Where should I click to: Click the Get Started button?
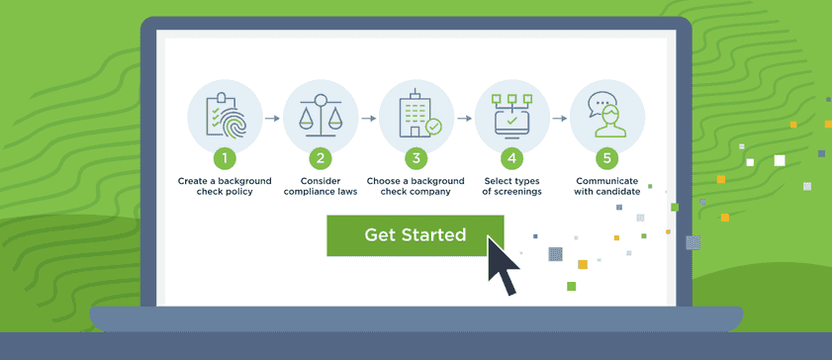click(415, 235)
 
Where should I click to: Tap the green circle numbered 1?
click(225, 158)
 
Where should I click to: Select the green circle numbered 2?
click(320, 158)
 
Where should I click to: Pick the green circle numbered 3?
click(416, 158)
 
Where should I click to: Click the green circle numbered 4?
click(511, 158)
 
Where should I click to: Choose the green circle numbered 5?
click(606, 158)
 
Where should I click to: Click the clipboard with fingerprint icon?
click(225, 117)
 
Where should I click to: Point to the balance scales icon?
click(320, 117)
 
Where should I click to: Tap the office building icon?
click(416, 117)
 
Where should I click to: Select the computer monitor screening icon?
click(511, 117)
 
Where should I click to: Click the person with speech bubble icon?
click(606, 117)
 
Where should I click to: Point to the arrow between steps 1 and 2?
click(272, 118)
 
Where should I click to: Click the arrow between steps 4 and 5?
click(559, 118)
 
